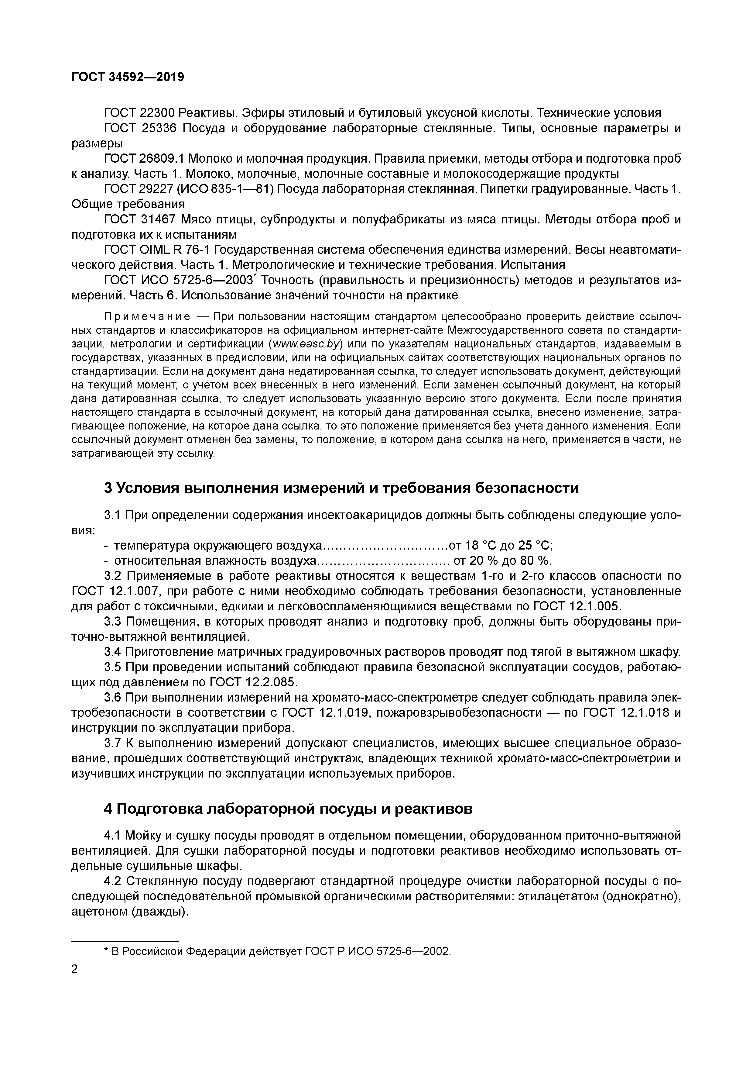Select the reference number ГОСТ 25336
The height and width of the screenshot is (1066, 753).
pyautogui.click(x=141, y=129)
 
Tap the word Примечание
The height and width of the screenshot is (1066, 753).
pyautogui.click(x=147, y=317)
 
